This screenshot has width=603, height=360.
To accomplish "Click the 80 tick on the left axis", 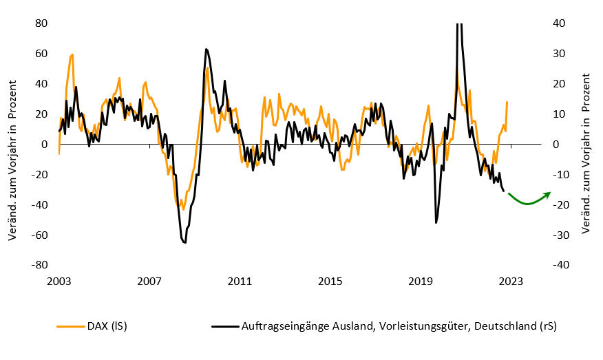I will pyautogui.click(x=41, y=23).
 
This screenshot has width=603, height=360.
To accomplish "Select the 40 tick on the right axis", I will pyautogui.click(x=559, y=23).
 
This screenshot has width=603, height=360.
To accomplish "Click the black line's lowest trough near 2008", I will pyautogui.click(x=184, y=242).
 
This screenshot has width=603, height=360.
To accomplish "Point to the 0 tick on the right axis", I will pyautogui.click(x=555, y=145).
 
